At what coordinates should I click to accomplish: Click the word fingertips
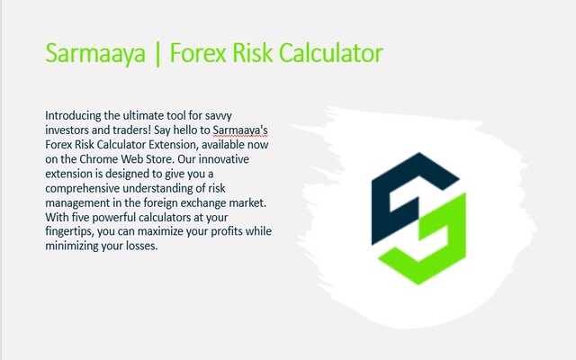coord(71,231)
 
